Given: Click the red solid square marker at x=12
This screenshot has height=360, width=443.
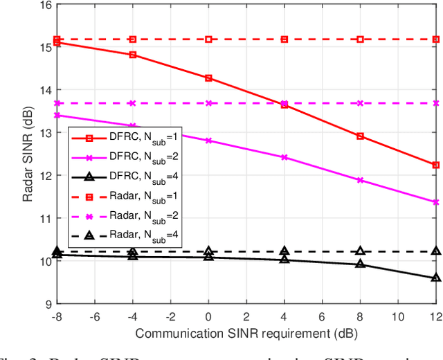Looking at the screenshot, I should tap(435, 165).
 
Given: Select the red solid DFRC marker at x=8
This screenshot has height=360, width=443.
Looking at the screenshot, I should tap(360, 136).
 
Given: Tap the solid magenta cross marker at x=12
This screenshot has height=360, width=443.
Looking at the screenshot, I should tap(435, 202).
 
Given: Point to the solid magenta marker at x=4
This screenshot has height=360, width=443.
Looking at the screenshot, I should tap(284, 157).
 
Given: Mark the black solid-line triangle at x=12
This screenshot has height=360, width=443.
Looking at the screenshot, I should tap(435, 278).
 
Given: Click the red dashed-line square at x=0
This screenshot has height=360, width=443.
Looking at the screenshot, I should tap(208, 39).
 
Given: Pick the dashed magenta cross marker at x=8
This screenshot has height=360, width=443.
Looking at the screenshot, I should tap(360, 103).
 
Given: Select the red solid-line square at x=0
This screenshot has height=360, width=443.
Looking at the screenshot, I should tap(208, 78).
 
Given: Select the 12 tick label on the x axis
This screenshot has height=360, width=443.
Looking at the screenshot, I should tap(435, 316).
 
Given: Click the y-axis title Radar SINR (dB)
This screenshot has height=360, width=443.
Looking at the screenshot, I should tap(27, 154).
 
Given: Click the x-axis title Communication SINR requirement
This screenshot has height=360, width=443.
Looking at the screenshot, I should tap(246, 333).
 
